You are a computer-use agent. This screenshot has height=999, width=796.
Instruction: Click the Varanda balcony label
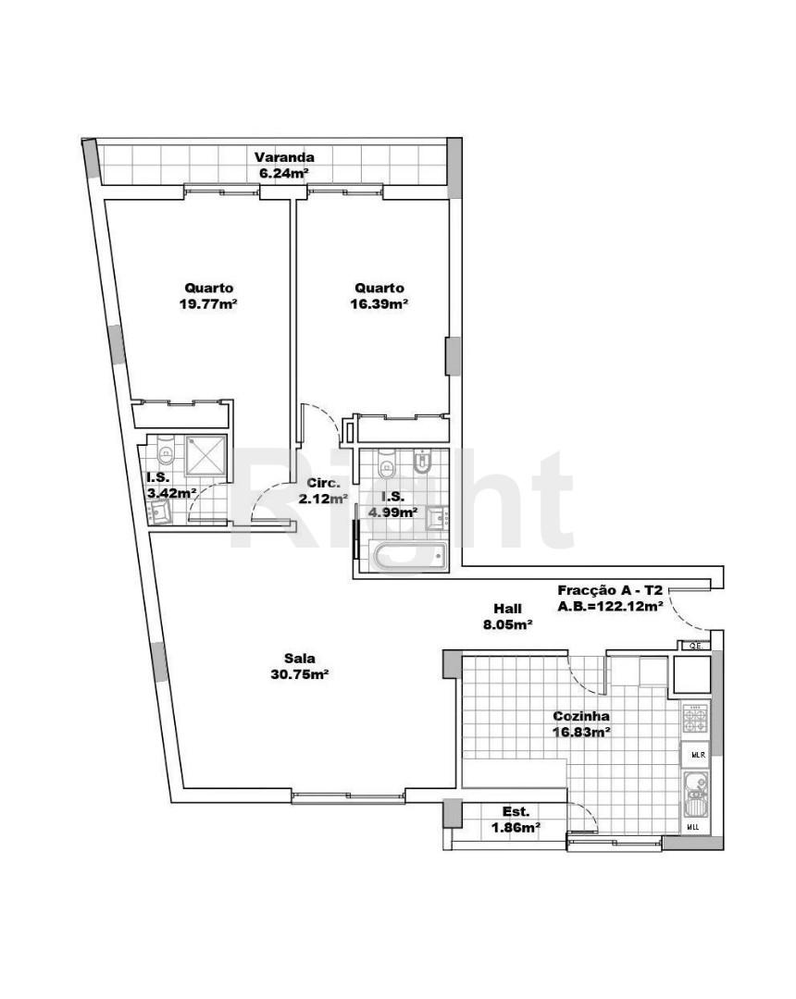click(x=284, y=156)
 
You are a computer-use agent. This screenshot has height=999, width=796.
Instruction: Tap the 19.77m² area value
click(x=208, y=304)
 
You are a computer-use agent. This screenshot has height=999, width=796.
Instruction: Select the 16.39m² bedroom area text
click(x=379, y=304)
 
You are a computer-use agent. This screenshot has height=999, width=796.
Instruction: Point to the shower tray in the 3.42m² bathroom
click(x=205, y=455)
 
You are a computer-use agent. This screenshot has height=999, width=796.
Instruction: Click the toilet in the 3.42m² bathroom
click(x=166, y=450)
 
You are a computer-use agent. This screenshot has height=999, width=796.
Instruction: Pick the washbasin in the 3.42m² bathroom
click(x=159, y=511)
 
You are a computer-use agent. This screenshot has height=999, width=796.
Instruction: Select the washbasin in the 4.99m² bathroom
click(x=439, y=518)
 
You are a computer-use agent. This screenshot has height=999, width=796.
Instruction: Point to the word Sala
click(x=300, y=659)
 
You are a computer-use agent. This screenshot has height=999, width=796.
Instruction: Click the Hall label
click(x=507, y=609)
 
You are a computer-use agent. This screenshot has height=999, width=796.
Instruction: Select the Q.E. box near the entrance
click(x=695, y=646)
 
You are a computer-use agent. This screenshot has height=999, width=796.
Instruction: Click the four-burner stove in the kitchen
click(x=695, y=718)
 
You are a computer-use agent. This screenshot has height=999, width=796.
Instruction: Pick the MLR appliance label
click(x=697, y=755)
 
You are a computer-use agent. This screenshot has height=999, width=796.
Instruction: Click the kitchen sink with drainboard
click(x=695, y=794)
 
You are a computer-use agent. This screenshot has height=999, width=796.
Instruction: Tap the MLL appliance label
click(x=692, y=828)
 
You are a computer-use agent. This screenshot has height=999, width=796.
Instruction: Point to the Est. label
click(x=516, y=812)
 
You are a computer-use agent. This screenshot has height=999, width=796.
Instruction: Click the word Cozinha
click(x=580, y=716)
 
